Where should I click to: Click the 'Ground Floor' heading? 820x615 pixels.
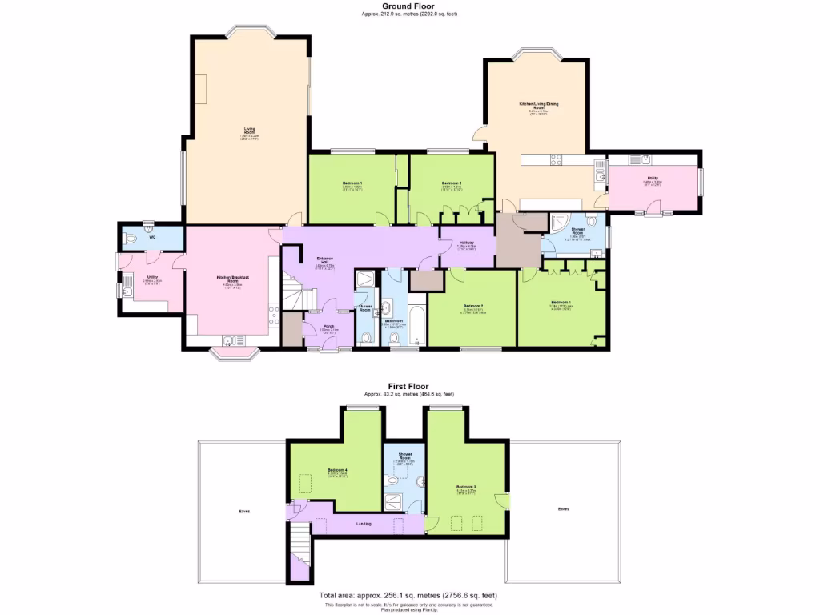(409, 6)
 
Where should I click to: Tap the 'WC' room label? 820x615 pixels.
(151, 237)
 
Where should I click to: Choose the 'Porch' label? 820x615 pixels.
(328, 326)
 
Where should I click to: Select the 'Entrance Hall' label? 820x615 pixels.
(325, 259)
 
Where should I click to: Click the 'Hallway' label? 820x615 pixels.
(466, 243)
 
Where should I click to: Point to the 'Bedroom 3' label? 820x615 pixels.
(466, 487)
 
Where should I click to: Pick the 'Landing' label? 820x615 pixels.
(364, 524)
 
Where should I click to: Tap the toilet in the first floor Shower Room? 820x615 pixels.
(392, 480)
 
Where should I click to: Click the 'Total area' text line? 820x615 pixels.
(408, 596)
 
